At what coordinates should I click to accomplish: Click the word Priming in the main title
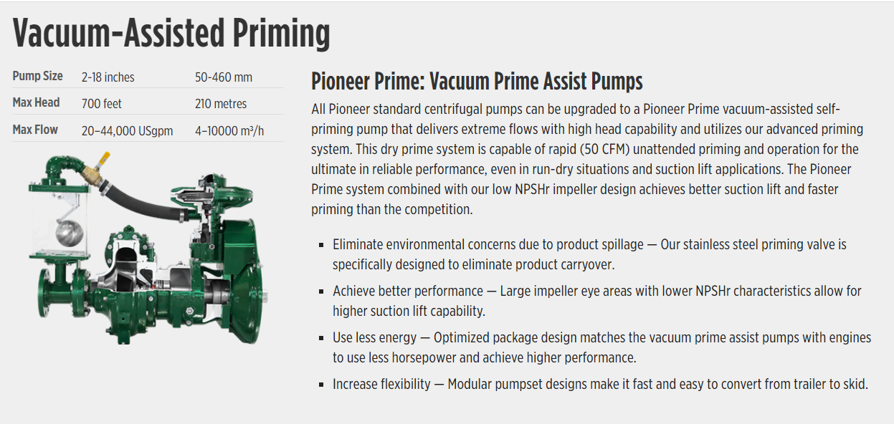281,34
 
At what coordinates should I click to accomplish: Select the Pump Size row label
37,76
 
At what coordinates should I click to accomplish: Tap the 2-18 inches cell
108,77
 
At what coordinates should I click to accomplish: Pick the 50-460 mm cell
224,77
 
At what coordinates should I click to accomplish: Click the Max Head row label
36,102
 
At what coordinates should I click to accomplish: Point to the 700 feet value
101,104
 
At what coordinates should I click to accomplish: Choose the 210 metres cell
221,104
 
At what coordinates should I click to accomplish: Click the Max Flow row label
35,130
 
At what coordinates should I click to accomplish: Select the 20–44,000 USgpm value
127,131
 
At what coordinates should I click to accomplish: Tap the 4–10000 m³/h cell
229,131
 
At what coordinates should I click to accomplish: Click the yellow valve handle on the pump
105,158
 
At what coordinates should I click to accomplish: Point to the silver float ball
69,233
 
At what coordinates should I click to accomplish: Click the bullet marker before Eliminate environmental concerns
321,246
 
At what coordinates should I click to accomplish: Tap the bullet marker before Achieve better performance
321,292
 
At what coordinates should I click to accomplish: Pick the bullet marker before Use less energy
321,339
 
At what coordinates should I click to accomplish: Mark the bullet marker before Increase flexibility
321,385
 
